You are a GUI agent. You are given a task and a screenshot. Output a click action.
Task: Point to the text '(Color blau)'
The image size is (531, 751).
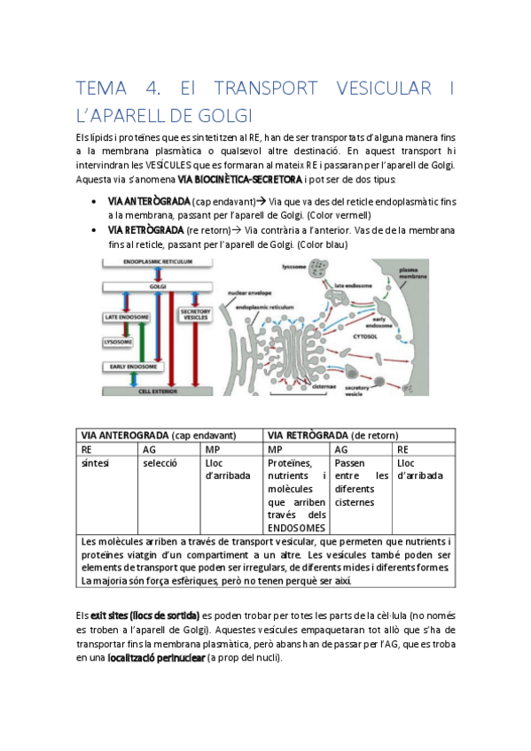[323, 244]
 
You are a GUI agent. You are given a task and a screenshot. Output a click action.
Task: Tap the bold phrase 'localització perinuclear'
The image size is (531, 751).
[160, 656]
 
